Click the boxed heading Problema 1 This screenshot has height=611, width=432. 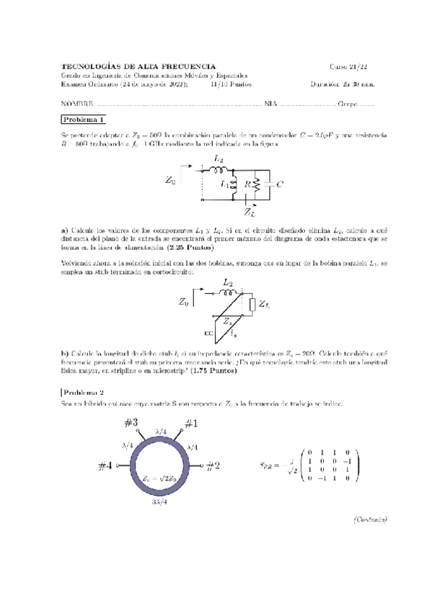click(x=84, y=120)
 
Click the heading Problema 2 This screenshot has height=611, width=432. click(x=84, y=392)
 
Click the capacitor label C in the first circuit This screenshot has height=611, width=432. click(x=280, y=184)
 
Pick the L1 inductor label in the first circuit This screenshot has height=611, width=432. click(x=224, y=185)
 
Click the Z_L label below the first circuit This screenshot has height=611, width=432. click(x=249, y=213)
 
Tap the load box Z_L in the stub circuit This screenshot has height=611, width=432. click(x=252, y=306)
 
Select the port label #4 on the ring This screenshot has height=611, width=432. click(x=106, y=466)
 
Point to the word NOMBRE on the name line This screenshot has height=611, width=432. click(x=77, y=103)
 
